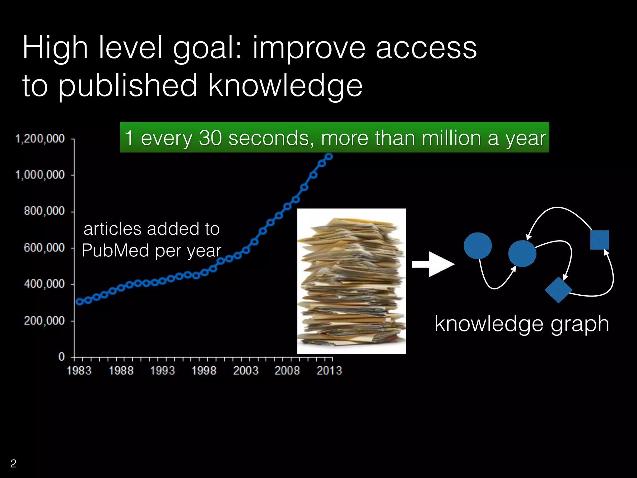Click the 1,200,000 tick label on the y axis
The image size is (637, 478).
pyautogui.click(x=40, y=138)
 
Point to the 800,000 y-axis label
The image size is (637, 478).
pyautogui.click(x=44, y=211)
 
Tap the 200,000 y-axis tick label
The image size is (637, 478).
pyautogui.click(x=44, y=320)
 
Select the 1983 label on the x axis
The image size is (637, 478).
pyautogui.click(x=79, y=371)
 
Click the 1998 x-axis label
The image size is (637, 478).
pyautogui.click(x=204, y=371)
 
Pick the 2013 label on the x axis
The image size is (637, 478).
pyautogui.click(x=329, y=371)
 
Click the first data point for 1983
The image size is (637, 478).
pyautogui.click(x=80, y=302)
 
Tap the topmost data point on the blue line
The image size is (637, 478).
pyautogui.click(x=329, y=157)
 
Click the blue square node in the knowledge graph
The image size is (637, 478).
pyautogui.click(x=599, y=240)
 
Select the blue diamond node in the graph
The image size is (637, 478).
pyautogui.click(x=558, y=290)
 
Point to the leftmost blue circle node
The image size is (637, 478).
pyautogui.click(x=477, y=246)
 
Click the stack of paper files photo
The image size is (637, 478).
pyautogui.click(x=351, y=281)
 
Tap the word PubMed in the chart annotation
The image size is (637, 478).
pyautogui.click(x=115, y=251)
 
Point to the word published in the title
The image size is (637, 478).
pyautogui.click(x=128, y=86)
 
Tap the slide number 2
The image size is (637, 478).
pyautogui.click(x=13, y=464)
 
